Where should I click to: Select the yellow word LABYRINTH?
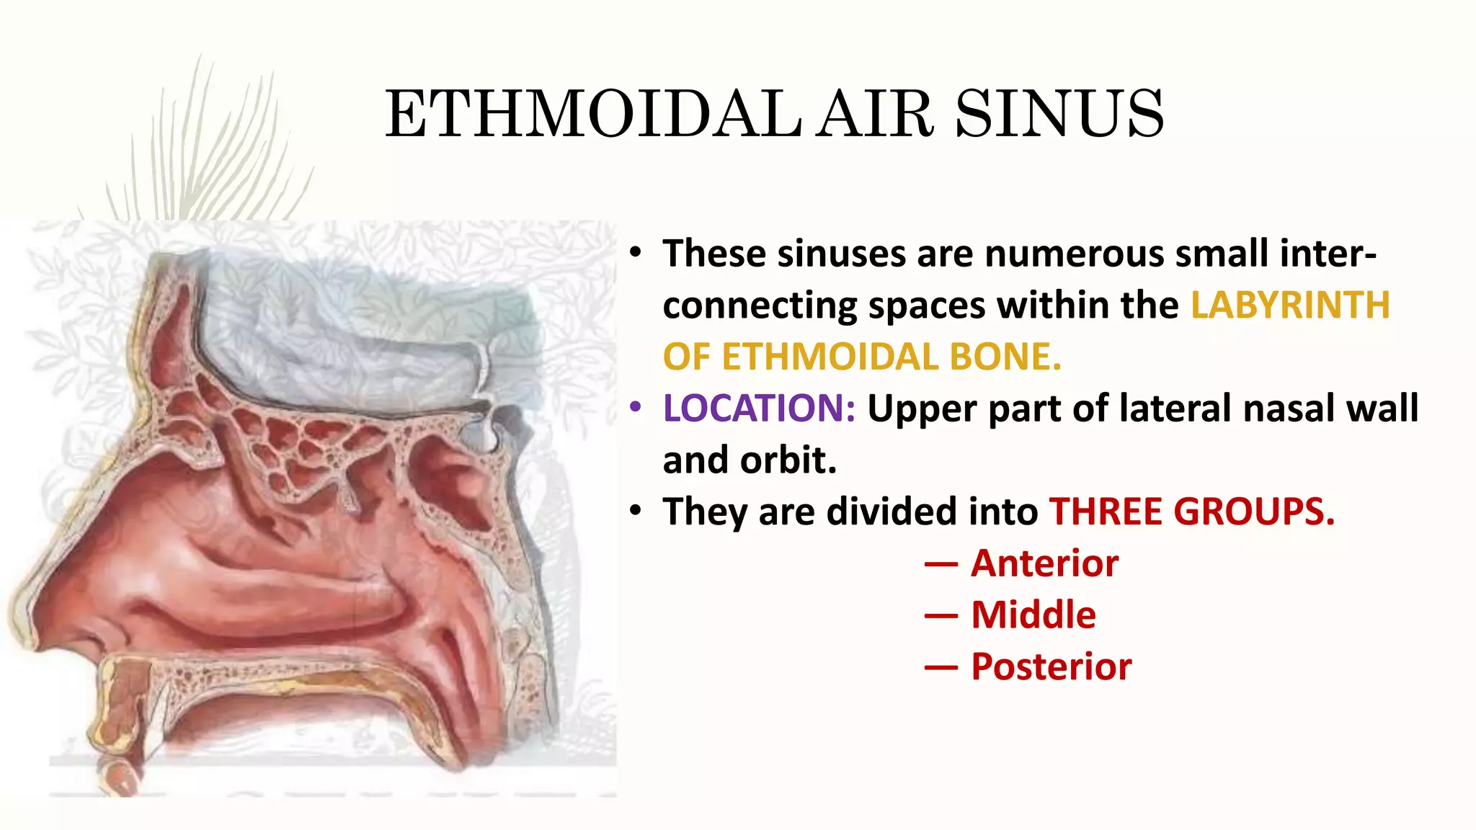[1290, 305]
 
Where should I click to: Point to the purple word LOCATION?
[759, 409]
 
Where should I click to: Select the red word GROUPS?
[1254, 512]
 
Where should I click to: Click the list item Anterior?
[1044, 563]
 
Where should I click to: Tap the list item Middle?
[1033, 615]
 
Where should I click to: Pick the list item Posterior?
[1051, 667]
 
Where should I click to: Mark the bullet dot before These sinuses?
[635, 253]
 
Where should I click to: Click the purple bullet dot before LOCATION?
[635, 408]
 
